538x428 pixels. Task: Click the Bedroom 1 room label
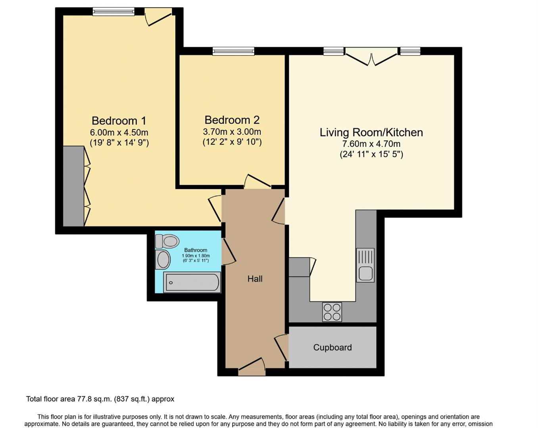[x=119, y=120]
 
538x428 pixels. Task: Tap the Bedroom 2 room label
[x=232, y=120]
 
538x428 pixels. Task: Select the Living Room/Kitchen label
[x=371, y=132]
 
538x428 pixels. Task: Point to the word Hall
[x=255, y=279]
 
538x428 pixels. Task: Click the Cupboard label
[x=332, y=348]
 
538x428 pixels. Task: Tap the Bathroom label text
[x=196, y=250]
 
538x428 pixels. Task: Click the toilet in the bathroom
[x=167, y=241]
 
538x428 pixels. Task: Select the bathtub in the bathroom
[x=192, y=283]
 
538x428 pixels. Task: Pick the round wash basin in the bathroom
[x=163, y=260]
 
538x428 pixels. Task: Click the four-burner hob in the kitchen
[x=332, y=312]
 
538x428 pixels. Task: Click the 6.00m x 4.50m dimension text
[x=119, y=133]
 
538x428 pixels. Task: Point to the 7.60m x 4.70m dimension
[x=371, y=144]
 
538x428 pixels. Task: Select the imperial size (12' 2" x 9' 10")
[x=232, y=142]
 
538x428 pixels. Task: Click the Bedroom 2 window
[x=233, y=51]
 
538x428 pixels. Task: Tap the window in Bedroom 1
[x=113, y=11]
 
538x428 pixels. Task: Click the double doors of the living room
[x=371, y=56]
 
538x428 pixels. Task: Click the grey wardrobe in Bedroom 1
[x=73, y=186]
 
